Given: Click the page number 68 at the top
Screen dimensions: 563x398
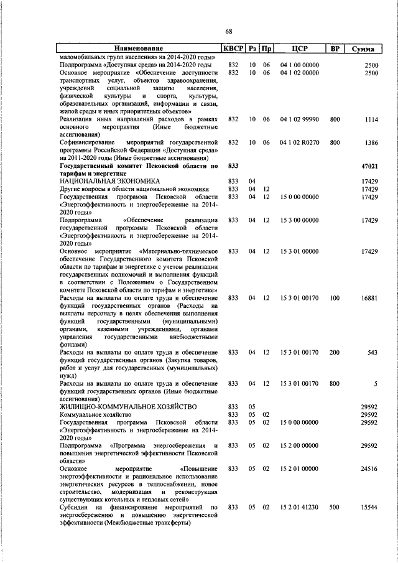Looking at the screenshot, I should pyautogui.click(x=229, y=32).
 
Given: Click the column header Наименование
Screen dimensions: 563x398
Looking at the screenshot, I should pyautogui.click(x=138, y=49).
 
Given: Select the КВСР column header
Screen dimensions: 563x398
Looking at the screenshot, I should pyautogui.click(x=233, y=49).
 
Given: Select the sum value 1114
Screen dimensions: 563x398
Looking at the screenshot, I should pyautogui.click(x=371, y=119).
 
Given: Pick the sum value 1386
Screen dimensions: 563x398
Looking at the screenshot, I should pyautogui.click(x=371, y=142).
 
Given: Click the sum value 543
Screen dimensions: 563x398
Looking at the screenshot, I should pyautogui.click(x=373, y=353).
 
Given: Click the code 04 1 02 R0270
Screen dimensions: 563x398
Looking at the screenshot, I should pyautogui.click(x=299, y=142).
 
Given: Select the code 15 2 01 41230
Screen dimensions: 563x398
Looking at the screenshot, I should pyautogui.click(x=299, y=507).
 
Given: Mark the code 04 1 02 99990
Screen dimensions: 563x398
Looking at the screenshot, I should pyautogui.click(x=299, y=119).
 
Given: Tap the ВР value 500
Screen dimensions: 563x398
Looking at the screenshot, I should pyautogui.click(x=335, y=507).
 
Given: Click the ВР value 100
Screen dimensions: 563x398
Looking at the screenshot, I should pyautogui.click(x=335, y=298).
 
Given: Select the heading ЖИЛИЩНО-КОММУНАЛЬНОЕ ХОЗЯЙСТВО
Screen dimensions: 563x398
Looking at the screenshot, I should pyautogui.click(x=128, y=406).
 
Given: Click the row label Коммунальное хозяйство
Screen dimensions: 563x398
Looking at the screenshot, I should pyautogui.click(x=95, y=414).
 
